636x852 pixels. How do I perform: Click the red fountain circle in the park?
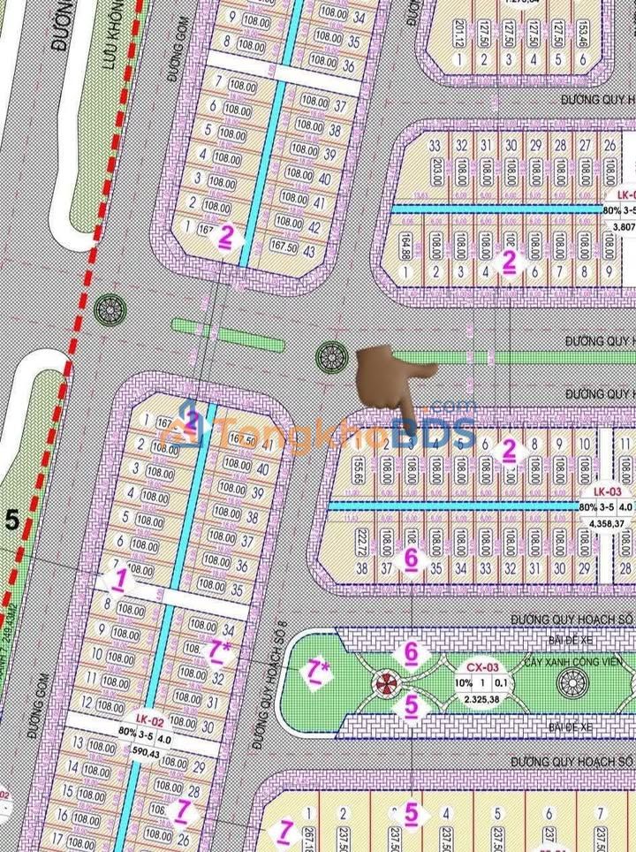pos(386,681)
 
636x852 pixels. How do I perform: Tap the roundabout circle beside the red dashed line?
pos(110,309)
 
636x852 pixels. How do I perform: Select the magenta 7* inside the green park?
pos(314,672)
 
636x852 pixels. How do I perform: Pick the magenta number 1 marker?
pos(118,580)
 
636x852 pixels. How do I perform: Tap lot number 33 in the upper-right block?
pos(434,146)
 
